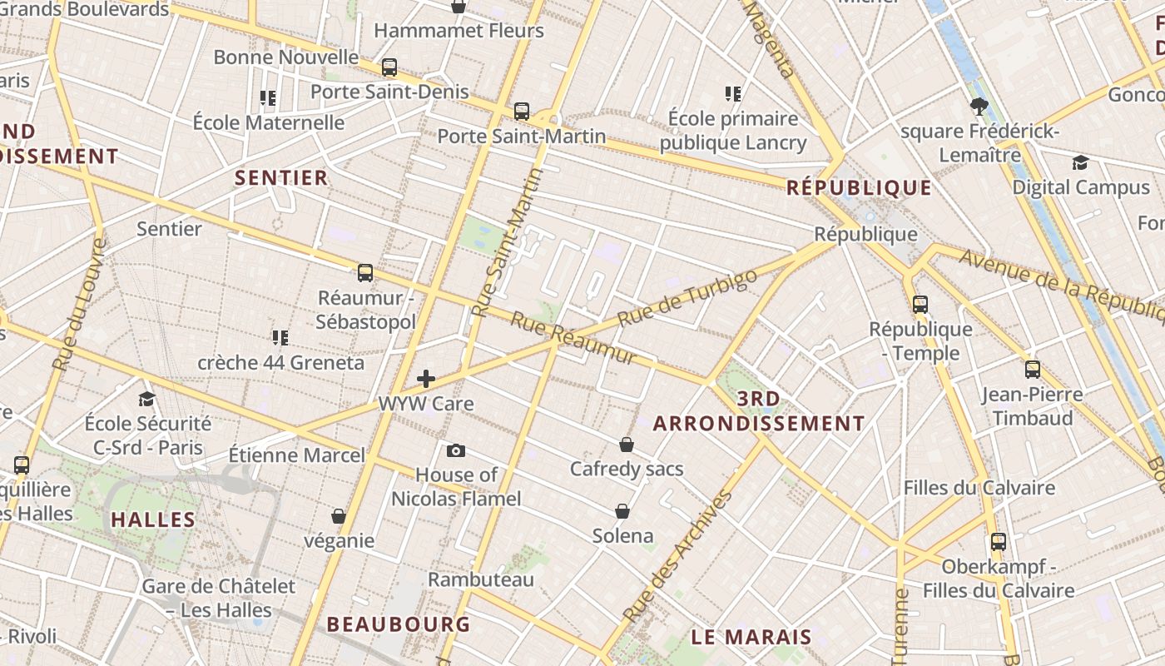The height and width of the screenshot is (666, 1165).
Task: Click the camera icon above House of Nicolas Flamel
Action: pos(455,450)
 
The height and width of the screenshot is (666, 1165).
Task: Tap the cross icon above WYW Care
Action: pos(426,380)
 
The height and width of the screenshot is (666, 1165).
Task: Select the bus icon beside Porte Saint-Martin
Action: pos(522,111)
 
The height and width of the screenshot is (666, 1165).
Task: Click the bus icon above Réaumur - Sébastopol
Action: pos(365,272)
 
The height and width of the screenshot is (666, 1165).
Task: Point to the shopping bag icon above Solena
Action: pos(622,510)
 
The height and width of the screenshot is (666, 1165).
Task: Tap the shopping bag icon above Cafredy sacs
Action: pos(627,445)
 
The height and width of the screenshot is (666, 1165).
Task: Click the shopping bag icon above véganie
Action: pos(339,516)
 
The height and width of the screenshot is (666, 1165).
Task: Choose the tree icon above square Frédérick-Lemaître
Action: pos(979,106)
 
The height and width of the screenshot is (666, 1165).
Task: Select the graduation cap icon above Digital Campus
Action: pos(1080,162)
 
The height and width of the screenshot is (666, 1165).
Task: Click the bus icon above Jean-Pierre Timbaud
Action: pos(1033,369)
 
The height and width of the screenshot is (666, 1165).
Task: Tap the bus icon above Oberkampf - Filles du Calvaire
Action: pos(999,542)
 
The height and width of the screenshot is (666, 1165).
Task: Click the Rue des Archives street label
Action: pos(677,555)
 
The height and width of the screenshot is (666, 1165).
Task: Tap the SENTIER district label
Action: pos(281,177)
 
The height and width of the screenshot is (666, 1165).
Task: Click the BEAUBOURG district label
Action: pos(399,624)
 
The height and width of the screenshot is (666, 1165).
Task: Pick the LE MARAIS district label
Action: pos(751,638)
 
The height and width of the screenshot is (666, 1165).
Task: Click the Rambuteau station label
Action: pos(481,579)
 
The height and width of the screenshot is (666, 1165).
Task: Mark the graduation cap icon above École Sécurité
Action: pos(147,398)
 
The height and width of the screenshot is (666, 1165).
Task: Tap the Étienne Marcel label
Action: pos(297,455)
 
